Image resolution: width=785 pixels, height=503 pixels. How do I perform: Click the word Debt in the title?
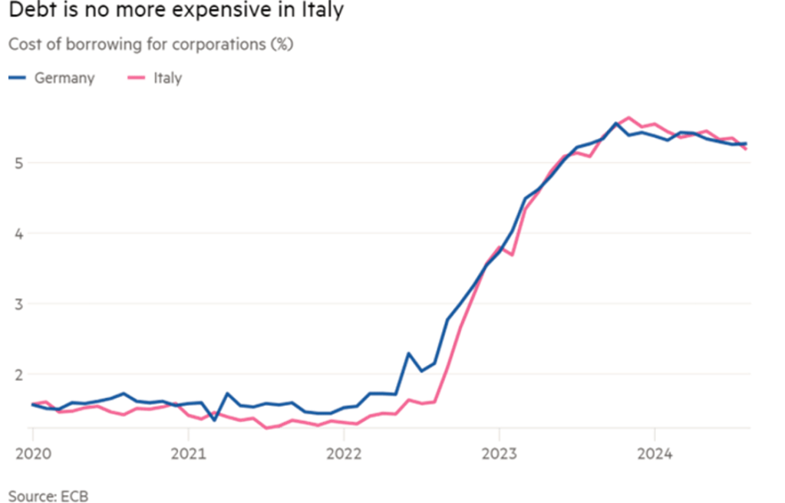click(x=28, y=12)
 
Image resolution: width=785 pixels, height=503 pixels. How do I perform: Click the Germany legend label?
click(x=64, y=77)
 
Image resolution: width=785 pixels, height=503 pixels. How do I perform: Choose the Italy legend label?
click(x=168, y=77)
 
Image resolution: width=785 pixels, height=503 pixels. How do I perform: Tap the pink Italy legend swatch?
click(x=137, y=77)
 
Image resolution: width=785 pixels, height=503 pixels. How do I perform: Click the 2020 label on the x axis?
click(x=33, y=452)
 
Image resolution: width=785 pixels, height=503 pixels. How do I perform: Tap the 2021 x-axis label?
click(x=188, y=452)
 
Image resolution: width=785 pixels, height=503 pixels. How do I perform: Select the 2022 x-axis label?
click(x=343, y=452)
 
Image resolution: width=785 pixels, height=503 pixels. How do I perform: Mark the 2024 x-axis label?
click(x=654, y=452)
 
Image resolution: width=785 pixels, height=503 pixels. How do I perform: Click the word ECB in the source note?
click(x=76, y=495)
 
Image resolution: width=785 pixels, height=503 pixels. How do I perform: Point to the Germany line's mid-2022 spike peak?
click(x=409, y=353)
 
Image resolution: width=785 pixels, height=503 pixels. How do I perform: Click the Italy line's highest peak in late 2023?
click(x=629, y=117)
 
